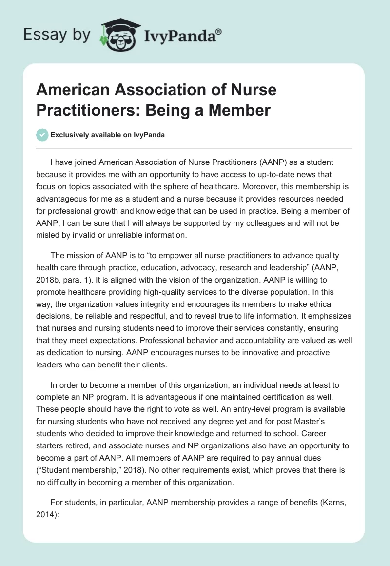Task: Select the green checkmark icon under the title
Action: pyautogui.click(x=42, y=135)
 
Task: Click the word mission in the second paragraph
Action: pyautogui.click(x=83, y=255)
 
